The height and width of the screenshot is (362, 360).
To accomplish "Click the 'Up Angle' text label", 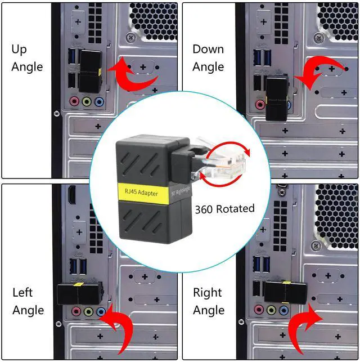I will (x=26, y=58).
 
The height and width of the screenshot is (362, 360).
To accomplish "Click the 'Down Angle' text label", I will (x=208, y=58).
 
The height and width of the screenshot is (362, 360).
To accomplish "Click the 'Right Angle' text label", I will (x=208, y=301).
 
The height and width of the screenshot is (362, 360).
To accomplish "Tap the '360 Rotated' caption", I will (x=224, y=209).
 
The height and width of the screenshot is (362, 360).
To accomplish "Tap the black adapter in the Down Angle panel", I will (x=277, y=96).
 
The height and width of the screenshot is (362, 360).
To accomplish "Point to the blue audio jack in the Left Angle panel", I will (x=101, y=311).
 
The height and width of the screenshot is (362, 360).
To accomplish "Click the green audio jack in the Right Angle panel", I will (x=272, y=310).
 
